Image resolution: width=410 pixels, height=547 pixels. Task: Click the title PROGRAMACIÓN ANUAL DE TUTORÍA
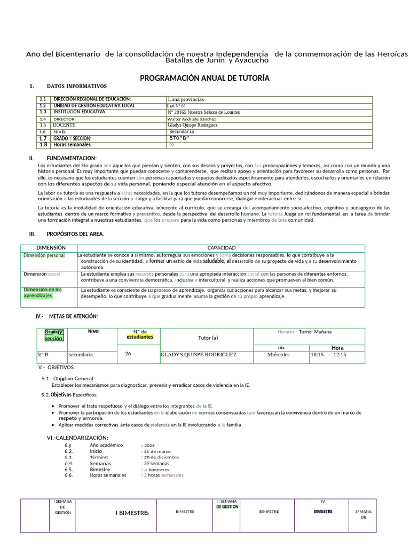point(204,78)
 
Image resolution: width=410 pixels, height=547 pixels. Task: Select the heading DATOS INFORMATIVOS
point(77,86)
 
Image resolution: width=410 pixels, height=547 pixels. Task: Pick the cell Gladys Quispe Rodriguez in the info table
point(192,125)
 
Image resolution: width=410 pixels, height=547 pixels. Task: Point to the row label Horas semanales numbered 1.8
point(72,145)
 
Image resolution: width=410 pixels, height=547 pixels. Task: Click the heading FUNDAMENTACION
point(72,158)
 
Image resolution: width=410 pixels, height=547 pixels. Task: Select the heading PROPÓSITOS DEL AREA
point(75,234)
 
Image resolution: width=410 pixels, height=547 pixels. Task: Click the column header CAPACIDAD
point(221,248)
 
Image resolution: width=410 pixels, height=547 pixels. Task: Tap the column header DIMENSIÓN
point(51,248)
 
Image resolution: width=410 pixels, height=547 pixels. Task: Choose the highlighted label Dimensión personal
point(44,255)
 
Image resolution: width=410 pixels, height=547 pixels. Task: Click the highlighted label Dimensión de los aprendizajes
point(42,292)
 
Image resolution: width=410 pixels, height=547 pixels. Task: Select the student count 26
point(128,353)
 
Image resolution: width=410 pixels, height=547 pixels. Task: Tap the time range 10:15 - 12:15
point(328,354)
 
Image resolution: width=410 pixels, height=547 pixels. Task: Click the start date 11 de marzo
point(156,451)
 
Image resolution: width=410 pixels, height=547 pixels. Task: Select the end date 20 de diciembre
point(160,457)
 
